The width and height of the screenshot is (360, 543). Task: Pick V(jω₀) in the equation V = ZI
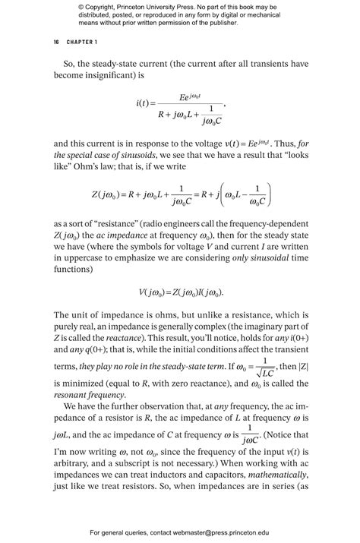[153, 292]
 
